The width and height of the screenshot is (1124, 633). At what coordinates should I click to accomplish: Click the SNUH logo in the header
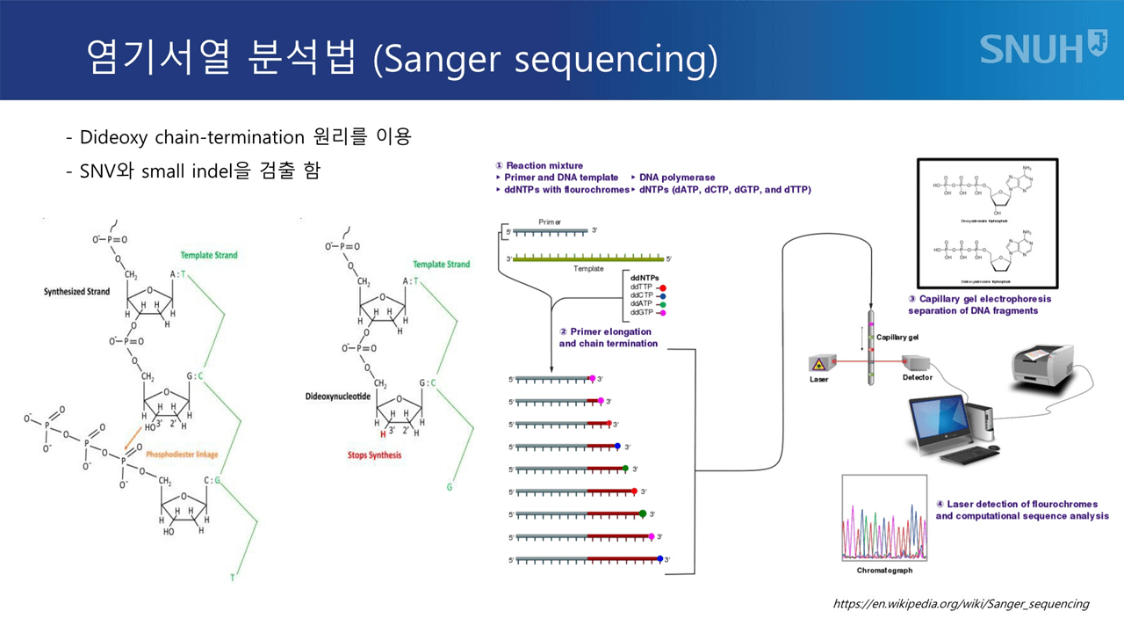pos(1042,47)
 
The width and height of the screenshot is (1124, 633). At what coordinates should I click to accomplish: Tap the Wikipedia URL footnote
pos(960,604)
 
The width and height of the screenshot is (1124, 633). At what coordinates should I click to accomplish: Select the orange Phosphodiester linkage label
pos(182,455)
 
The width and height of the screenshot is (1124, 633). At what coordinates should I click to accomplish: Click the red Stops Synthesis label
pos(374,455)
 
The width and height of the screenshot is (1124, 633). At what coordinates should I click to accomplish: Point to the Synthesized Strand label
pos(76,292)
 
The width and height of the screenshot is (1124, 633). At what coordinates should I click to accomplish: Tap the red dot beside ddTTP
pos(662,287)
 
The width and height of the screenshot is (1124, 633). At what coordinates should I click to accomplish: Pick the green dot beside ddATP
pos(662,304)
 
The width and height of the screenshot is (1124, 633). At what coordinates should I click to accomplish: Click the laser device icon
pos(819,362)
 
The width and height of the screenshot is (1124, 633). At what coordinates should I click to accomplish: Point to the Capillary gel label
pos(897,338)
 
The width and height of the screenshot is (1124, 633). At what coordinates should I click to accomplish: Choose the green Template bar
pos(588,258)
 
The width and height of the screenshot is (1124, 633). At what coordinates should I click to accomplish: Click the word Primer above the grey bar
pos(550,222)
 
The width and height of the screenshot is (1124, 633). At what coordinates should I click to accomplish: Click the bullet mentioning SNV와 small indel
pos(193,171)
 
